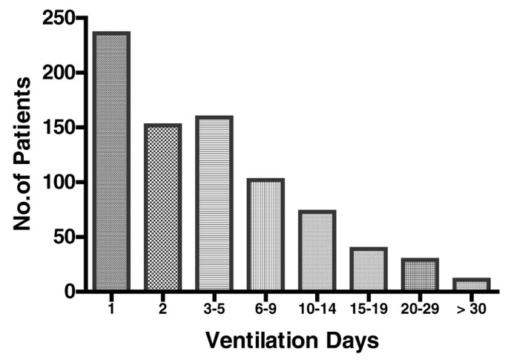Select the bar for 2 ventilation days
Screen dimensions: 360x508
pyautogui.click(x=162, y=207)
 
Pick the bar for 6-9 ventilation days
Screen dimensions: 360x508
pyautogui.click(x=265, y=235)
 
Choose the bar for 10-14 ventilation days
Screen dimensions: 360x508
pyautogui.click(x=317, y=251)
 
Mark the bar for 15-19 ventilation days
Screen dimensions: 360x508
pyautogui.click(x=368, y=269)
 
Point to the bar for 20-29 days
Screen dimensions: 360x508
pyautogui.click(x=419, y=275)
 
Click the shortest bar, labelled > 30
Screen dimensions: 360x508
pyautogui.click(x=471, y=284)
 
